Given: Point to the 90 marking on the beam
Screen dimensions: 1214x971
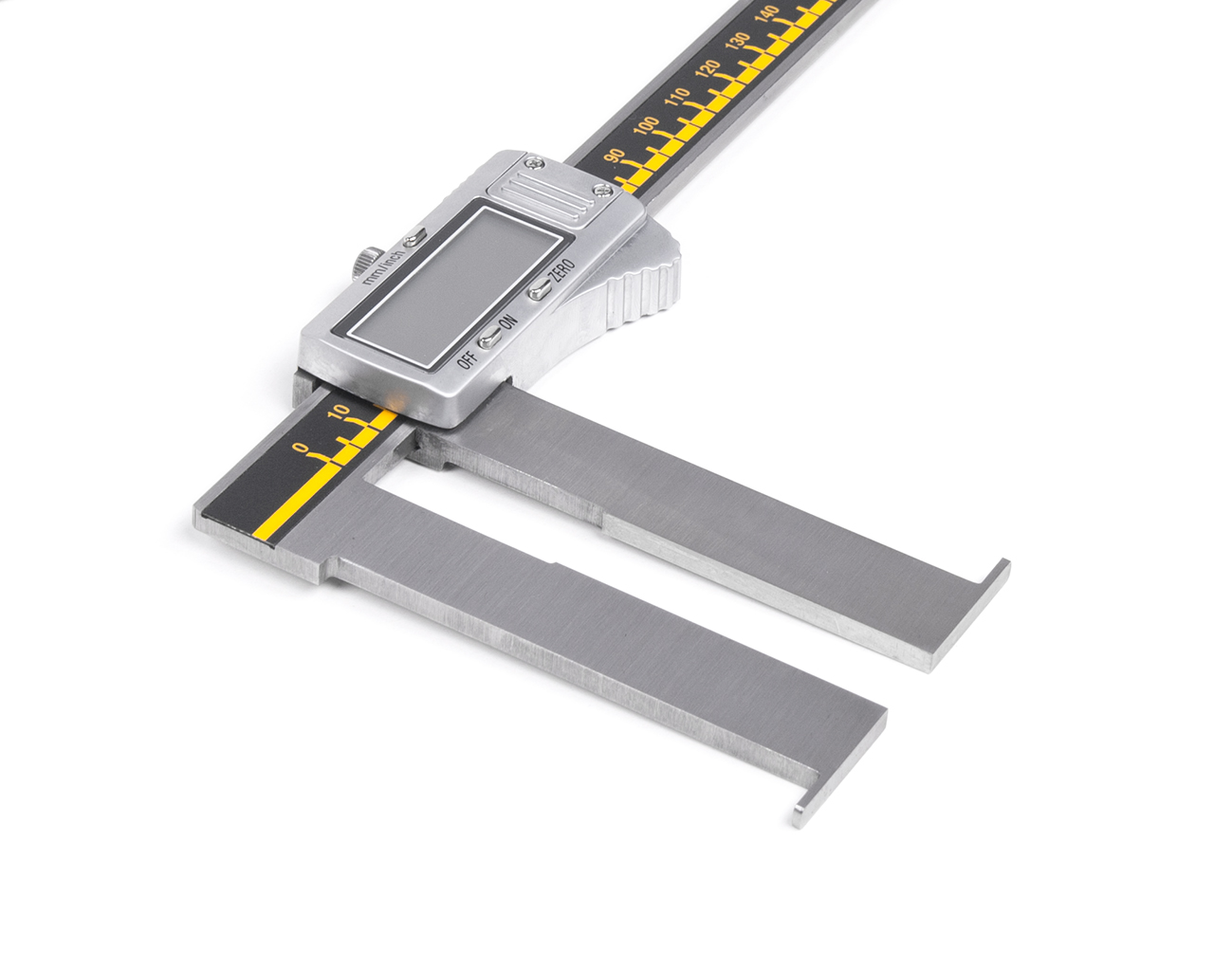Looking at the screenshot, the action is coord(615,155).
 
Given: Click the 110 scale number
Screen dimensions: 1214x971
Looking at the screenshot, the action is coord(677,97).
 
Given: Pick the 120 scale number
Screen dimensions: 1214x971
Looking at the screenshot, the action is coord(708,69).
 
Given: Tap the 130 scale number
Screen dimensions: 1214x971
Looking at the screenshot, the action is coord(737,41).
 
